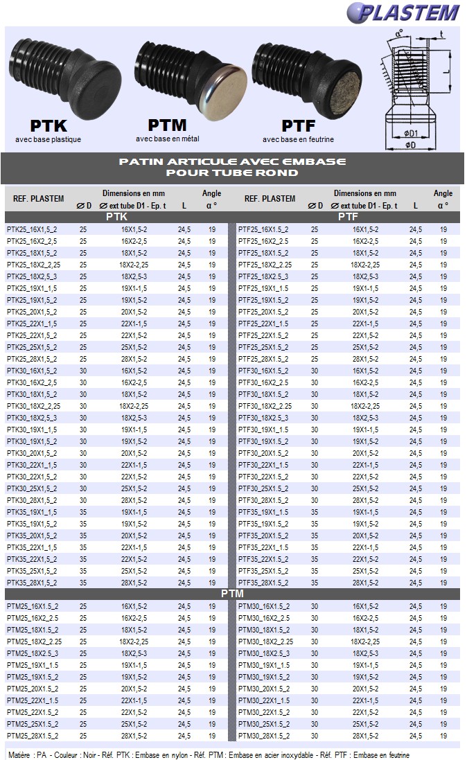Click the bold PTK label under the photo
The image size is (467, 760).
click(49, 125)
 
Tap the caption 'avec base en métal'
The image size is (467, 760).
click(168, 139)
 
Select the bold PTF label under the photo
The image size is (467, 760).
click(299, 125)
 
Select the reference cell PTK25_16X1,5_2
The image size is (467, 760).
click(32, 229)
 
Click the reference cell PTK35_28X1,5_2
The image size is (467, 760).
click(32, 583)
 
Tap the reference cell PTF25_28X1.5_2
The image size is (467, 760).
click(264, 359)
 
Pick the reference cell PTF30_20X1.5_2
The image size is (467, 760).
click(264, 453)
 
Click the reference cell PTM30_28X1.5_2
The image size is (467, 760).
click(264, 736)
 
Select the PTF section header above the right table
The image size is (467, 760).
click(347, 217)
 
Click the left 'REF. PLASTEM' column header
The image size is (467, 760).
click(39, 199)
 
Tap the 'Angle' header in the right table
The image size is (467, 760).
click(443, 193)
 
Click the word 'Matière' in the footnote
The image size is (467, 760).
click(19, 754)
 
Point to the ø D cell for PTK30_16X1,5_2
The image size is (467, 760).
click(83, 371)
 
